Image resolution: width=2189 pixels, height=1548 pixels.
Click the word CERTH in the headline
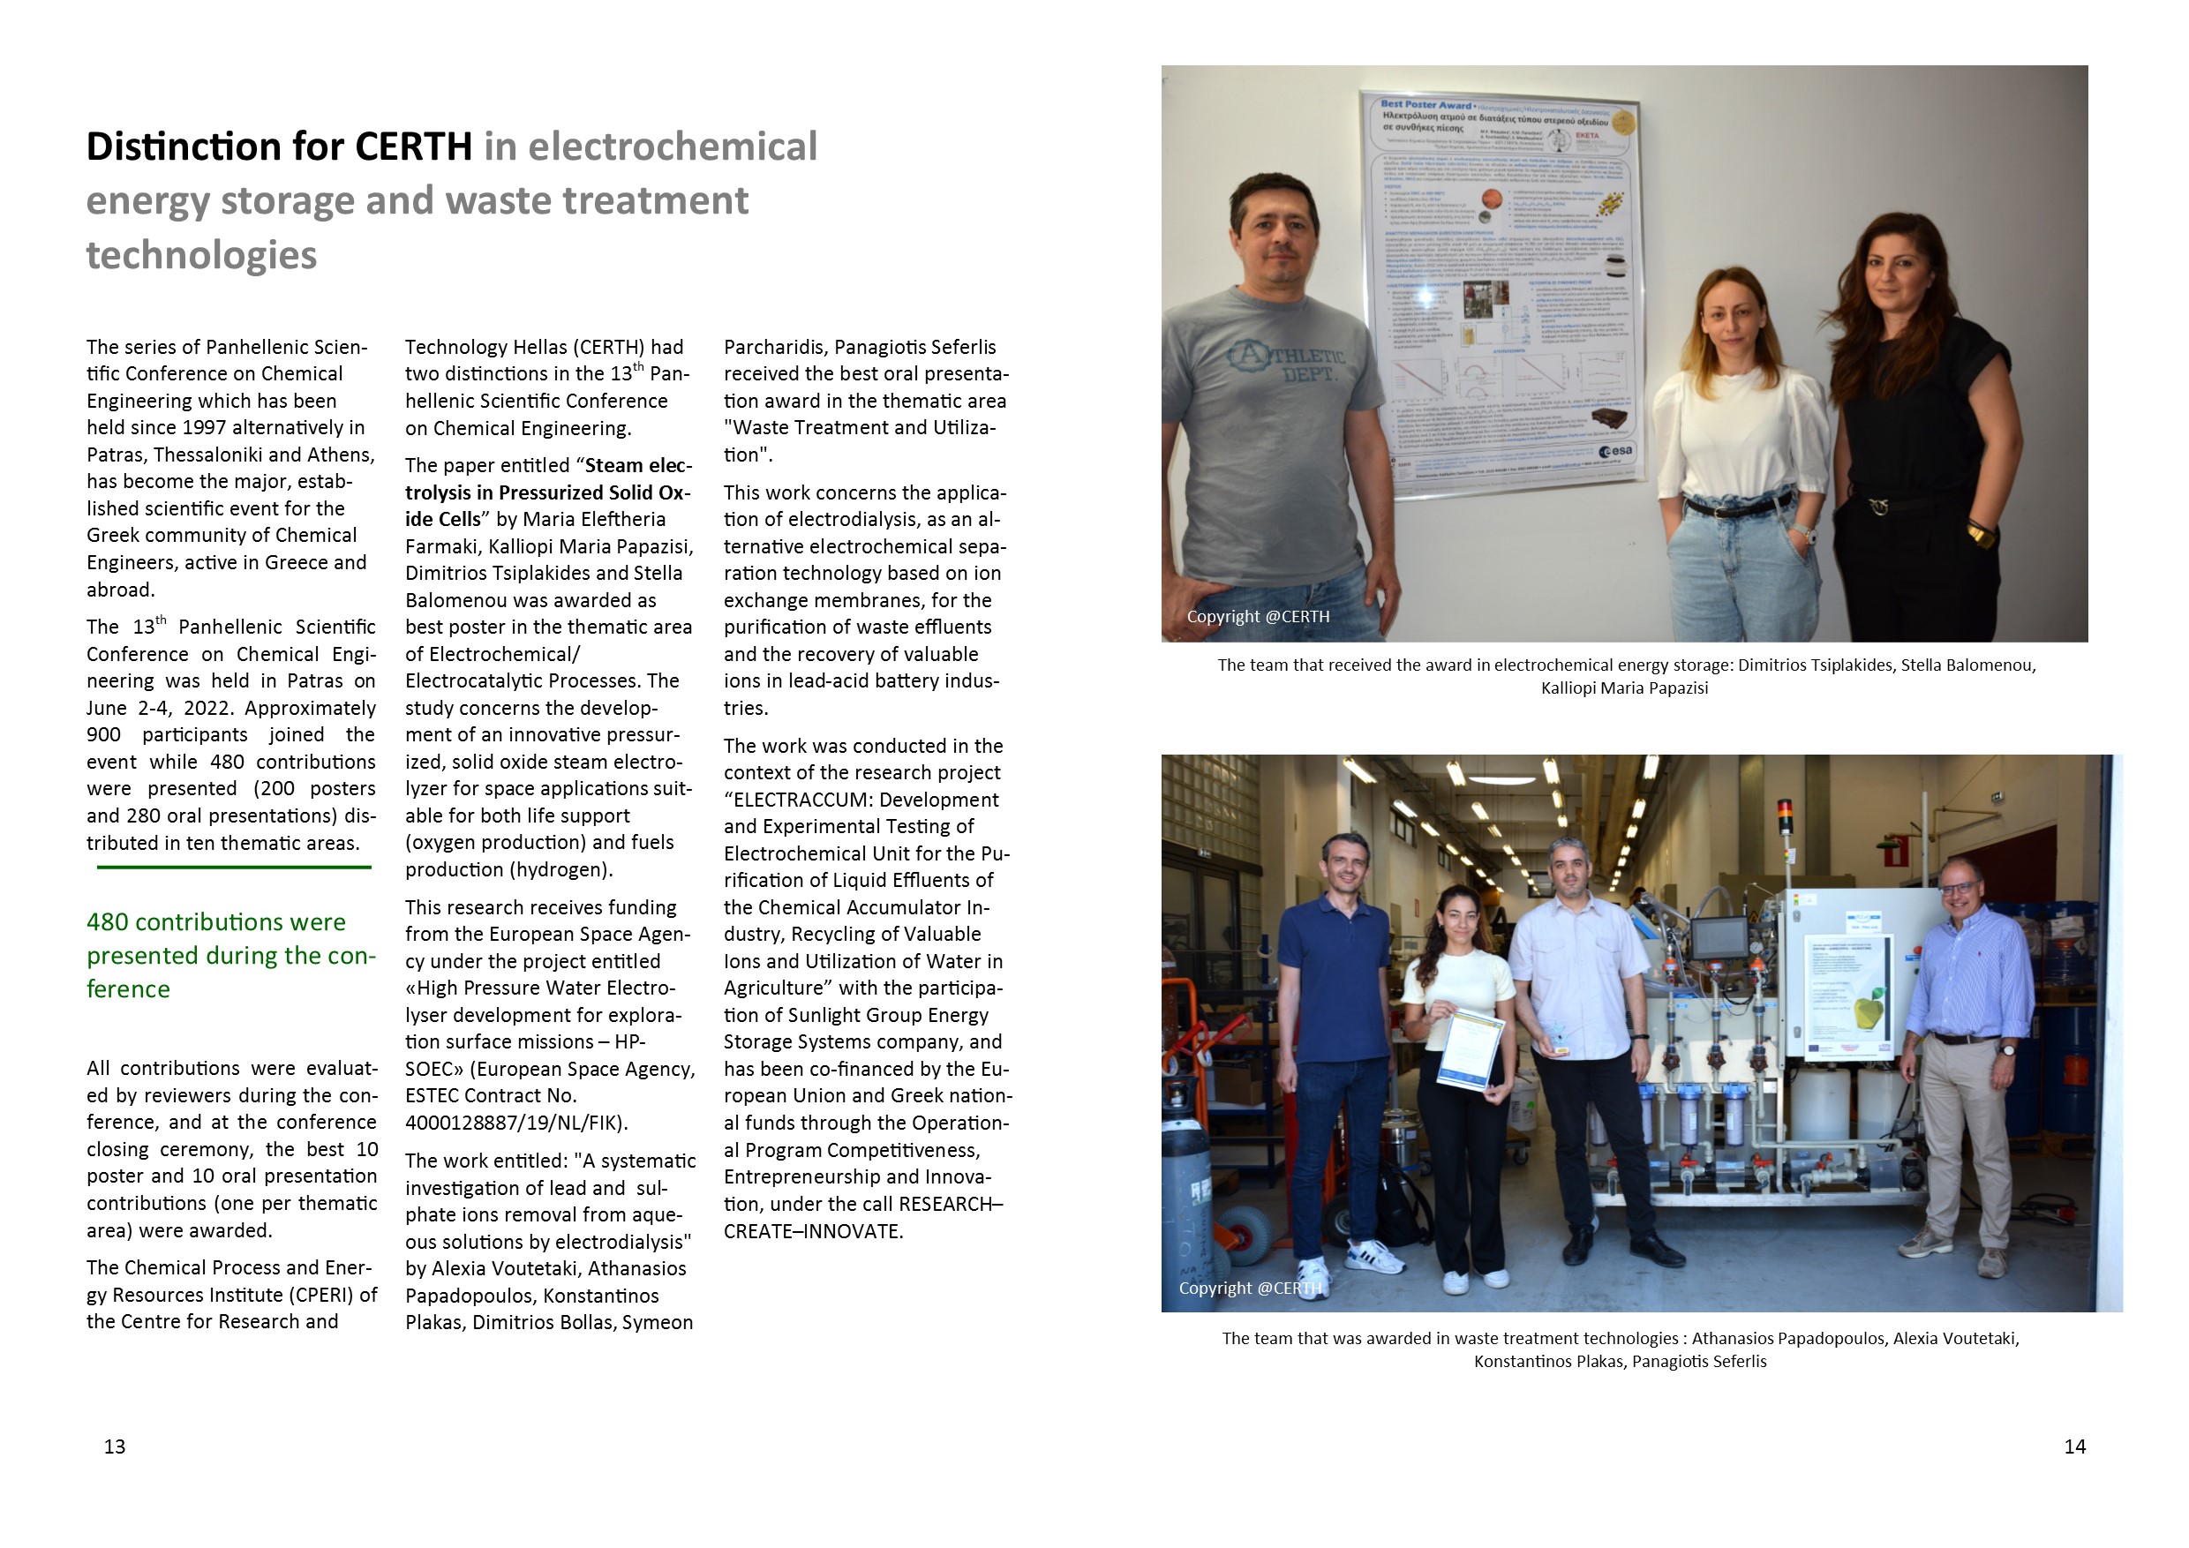pyautogui.click(x=413, y=147)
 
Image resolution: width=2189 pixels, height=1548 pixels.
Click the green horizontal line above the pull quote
pyautogui.click(x=234, y=868)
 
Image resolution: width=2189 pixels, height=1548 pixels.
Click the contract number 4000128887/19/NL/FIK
pyautogui.click(x=515, y=1123)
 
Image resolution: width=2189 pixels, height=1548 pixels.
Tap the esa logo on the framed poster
pyautogui.click(x=1616, y=451)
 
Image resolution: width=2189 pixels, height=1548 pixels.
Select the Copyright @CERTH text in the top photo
pyautogui.click(x=1258, y=617)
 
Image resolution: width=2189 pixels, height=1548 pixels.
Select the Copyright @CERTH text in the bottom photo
pyautogui.click(x=1250, y=1288)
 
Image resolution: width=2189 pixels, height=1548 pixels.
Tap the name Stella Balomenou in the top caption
pyautogui.click(x=1967, y=665)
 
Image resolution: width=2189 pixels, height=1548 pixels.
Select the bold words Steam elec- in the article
pyautogui.click(x=639, y=465)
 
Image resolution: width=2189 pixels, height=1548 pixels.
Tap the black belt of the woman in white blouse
pyautogui.click(x=1738, y=507)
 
